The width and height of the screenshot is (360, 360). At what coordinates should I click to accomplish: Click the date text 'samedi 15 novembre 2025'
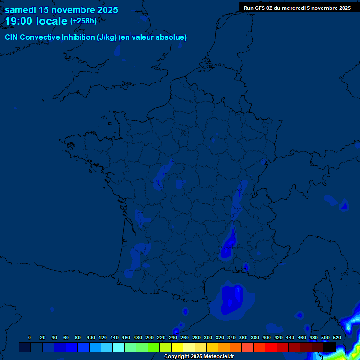(61, 10)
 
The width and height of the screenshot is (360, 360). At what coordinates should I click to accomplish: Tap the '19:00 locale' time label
(36, 21)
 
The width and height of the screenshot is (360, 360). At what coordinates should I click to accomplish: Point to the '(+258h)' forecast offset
(83, 21)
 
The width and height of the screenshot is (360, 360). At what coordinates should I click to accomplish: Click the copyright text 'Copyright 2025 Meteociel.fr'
(199, 357)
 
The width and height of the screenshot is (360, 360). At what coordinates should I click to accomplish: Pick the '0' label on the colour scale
(30, 337)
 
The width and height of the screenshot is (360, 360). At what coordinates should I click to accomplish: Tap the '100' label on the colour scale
(91, 337)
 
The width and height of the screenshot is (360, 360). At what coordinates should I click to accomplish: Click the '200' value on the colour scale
(150, 337)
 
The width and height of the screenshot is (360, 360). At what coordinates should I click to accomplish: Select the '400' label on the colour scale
(267, 337)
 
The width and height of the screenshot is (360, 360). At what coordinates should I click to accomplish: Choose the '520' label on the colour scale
(337, 337)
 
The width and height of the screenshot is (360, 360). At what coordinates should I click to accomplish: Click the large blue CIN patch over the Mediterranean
(232, 300)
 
